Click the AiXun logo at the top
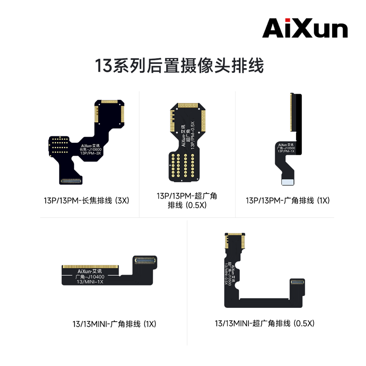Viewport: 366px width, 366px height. pos(305,28)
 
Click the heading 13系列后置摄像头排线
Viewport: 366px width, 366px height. pos(179,65)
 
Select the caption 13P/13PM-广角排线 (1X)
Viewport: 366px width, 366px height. pos(287,200)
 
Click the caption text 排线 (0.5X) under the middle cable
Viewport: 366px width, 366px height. pos(187,205)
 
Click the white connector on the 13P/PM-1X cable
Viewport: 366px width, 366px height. pos(288,182)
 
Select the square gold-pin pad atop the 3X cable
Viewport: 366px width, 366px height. pos(109,112)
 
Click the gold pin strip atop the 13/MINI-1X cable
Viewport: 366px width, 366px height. pos(91,266)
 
